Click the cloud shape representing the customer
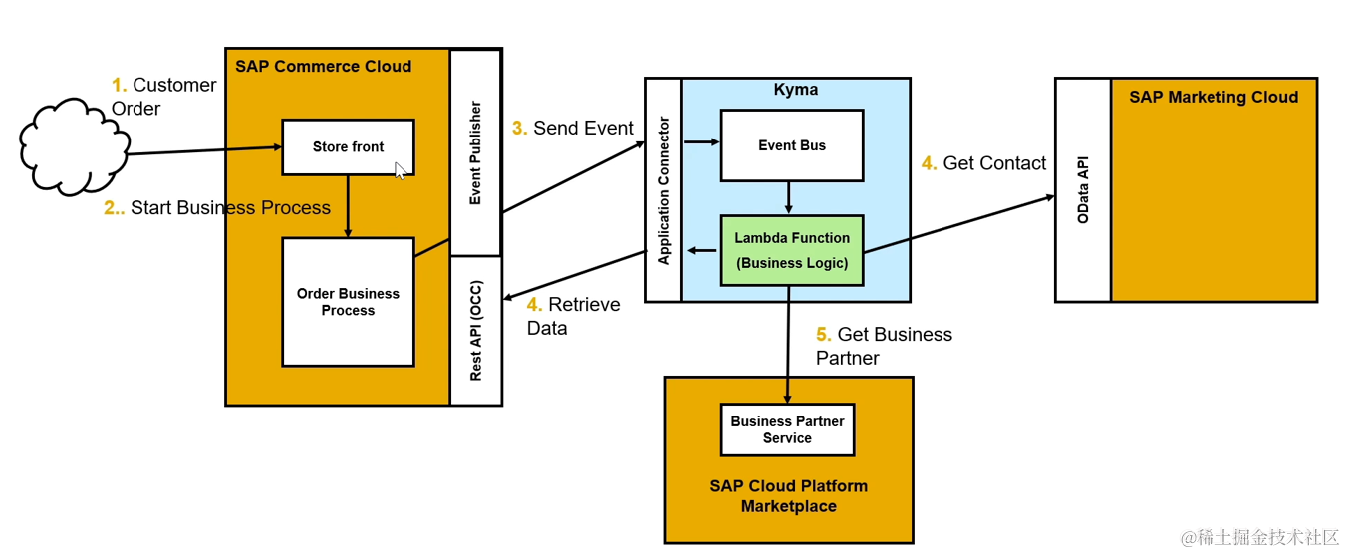pyautogui.click(x=75, y=147)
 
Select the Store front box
pyautogui.click(x=348, y=147)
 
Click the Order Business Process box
pyautogui.click(x=348, y=302)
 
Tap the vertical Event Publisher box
pyautogui.click(x=475, y=152)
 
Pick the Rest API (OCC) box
pyautogui.click(x=475, y=331)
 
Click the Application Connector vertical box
pyautogui.click(x=663, y=189)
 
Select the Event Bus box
pyautogui.click(x=791, y=145)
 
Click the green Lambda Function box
pyautogui.click(x=791, y=251)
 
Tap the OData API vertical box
pyautogui.click(x=1083, y=189)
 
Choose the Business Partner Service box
pyautogui.click(x=787, y=429)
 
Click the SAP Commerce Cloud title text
pyautogui.click(x=323, y=67)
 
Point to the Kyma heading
pyautogui.click(x=795, y=90)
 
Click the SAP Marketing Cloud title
pyautogui.click(x=1212, y=98)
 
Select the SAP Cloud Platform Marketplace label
pyautogui.click(x=788, y=496)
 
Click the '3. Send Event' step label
pyautogui.click(x=573, y=129)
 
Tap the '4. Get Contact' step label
pyautogui.click(x=983, y=163)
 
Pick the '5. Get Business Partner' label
pyautogui.click(x=883, y=346)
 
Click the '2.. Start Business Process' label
pyautogui.click(x=217, y=208)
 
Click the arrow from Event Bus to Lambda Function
pyautogui.click(x=789, y=197)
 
